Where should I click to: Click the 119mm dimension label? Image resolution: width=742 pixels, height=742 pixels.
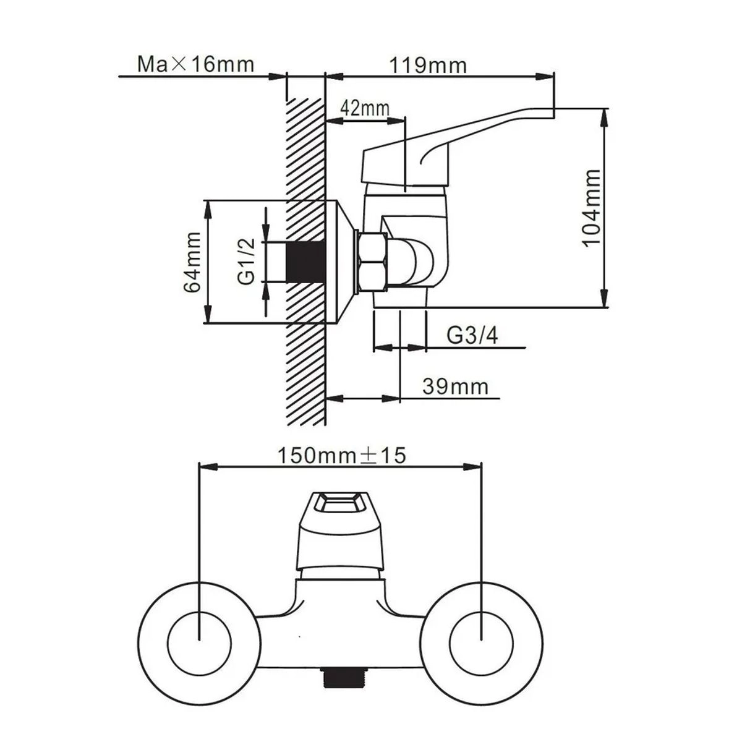point(428,65)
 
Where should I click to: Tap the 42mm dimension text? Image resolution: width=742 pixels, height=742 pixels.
point(365,109)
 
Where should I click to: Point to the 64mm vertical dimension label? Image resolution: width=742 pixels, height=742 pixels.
point(192,262)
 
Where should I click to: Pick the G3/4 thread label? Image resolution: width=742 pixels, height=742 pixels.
point(472,335)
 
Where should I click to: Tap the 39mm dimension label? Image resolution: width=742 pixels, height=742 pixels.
point(456,386)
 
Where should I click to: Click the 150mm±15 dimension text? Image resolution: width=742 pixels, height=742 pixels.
point(341,456)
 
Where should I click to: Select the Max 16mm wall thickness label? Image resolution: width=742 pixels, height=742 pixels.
point(195,64)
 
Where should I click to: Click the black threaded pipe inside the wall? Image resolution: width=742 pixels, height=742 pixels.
point(306,262)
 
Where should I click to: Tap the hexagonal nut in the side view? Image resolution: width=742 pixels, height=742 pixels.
point(373,262)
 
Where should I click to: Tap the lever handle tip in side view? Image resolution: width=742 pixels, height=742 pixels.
point(553,112)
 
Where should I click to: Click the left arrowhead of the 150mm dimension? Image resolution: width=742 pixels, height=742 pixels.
point(207,467)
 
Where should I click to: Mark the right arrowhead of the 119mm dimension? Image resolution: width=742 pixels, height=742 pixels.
point(545,77)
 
